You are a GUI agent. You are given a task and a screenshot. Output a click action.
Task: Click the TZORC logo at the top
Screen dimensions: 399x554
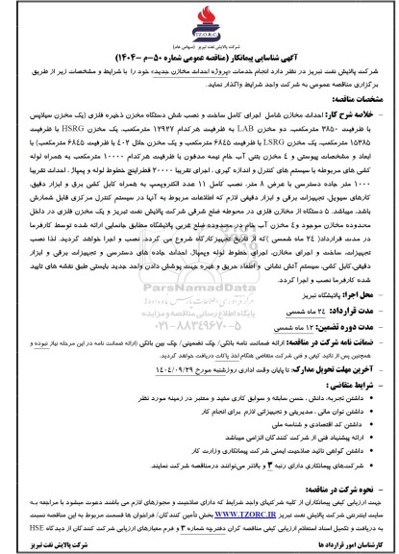[x=199, y=19]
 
